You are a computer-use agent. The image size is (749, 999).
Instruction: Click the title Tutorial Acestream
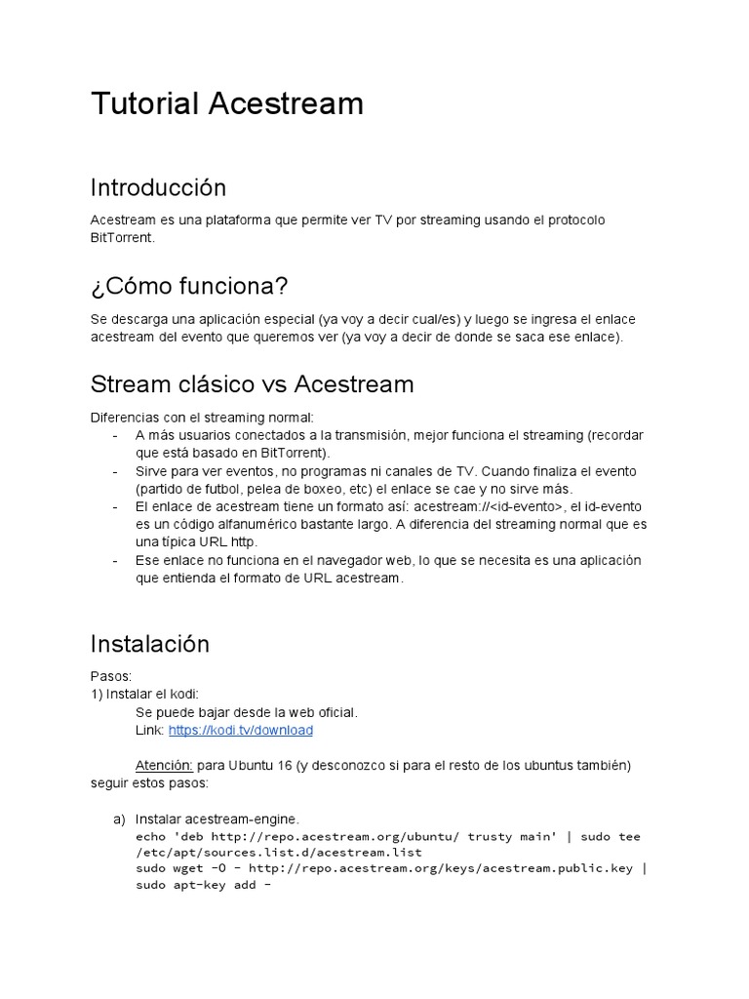pos(226,103)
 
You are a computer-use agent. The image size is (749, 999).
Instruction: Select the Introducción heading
pos(158,187)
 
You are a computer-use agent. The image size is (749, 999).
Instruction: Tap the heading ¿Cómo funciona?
pos(189,287)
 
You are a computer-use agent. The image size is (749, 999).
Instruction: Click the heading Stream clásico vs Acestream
pos(252,384)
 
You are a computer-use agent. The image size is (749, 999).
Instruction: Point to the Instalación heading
pos(149,644)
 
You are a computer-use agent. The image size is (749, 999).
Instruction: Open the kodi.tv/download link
pos(240,730)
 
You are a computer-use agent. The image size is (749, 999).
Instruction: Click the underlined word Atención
pos(164,766)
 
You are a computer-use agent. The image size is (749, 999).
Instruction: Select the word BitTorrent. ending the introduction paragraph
pos(122,237)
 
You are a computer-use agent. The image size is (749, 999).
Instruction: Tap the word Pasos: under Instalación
pos(111,676)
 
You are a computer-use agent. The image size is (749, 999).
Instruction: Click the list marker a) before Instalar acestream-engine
pos(120,819)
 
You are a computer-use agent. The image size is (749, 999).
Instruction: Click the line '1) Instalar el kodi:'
pos(144,694)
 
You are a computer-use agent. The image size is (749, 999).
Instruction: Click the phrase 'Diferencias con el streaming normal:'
pos(202,418)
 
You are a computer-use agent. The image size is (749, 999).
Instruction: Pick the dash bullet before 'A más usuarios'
pos(116,435)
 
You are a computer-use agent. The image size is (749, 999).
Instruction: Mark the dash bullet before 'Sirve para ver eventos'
pos(116,471)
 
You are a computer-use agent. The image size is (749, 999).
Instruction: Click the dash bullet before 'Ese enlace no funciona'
pos(116,560)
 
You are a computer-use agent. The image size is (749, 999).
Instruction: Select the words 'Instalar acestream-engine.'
pos(217,819)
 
